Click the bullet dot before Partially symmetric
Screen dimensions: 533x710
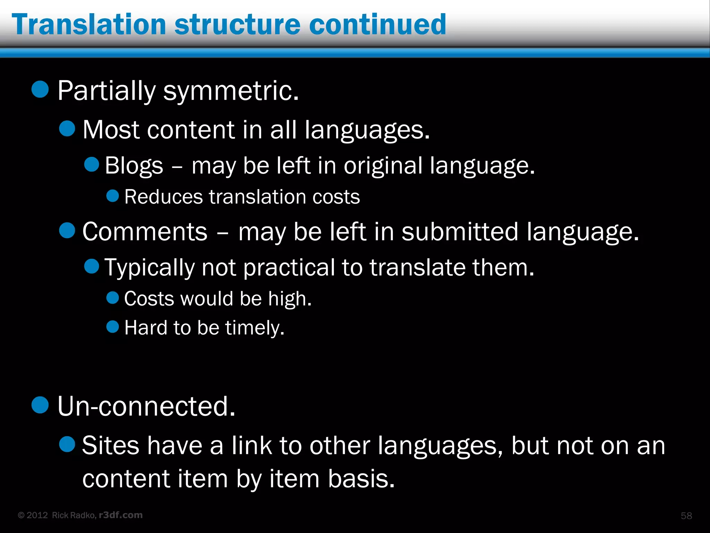tap(40, 89)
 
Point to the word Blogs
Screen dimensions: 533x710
tap(134, 166)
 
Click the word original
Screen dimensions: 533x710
tap(383, 166)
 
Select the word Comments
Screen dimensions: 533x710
tap(145, 232)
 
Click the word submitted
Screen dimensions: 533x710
tap(459, 232)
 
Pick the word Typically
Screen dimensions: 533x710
tap(150, 268)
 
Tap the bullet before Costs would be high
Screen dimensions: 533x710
tap(113, 297)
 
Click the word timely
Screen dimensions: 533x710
tap(255, 328)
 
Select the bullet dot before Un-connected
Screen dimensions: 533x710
tap(40, 405)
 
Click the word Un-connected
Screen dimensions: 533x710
tap(146, 406)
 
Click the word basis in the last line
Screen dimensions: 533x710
tap(361, 479)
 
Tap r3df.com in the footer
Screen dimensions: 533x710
tap(121, 515)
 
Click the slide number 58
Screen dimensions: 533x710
tap(686, 516)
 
